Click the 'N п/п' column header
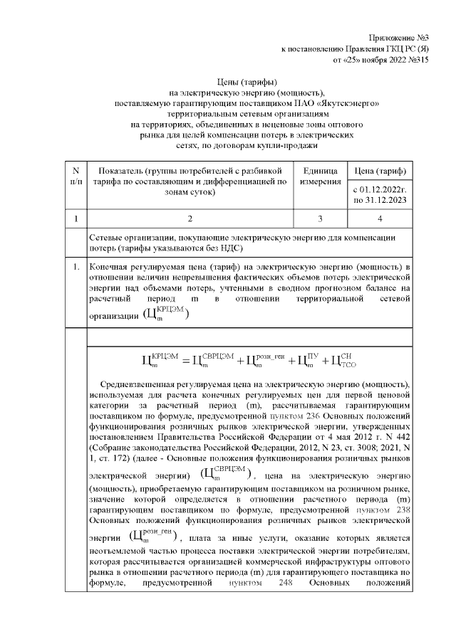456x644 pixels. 76,176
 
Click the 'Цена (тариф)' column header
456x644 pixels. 380,171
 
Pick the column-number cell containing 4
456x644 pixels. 380,217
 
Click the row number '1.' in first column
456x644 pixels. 76,268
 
